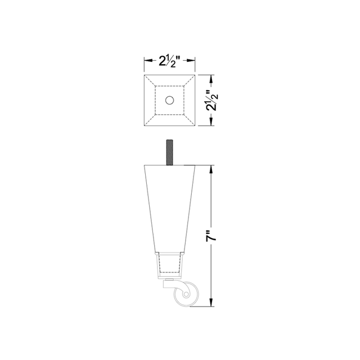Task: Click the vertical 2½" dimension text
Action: click(x=212, y=100)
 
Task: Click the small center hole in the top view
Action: click(x=170, y=100)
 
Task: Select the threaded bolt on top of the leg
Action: click(x=169, y=152)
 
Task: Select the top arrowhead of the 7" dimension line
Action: click(x=212, y=167)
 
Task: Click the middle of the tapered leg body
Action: click(x=169, y=208)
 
